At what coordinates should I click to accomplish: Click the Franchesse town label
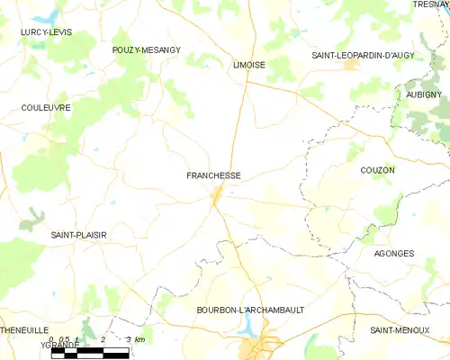213,175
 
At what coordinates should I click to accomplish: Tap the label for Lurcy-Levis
46,32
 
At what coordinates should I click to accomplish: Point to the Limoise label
248,66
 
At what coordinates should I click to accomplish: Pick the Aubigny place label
424,94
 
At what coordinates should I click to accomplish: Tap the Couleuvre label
45,107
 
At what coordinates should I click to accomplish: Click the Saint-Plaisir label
78,235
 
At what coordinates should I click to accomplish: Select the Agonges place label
393,254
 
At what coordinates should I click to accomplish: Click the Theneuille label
22,330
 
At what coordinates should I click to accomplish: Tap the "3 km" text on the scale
136,339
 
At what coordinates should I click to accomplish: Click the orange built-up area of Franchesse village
217,195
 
